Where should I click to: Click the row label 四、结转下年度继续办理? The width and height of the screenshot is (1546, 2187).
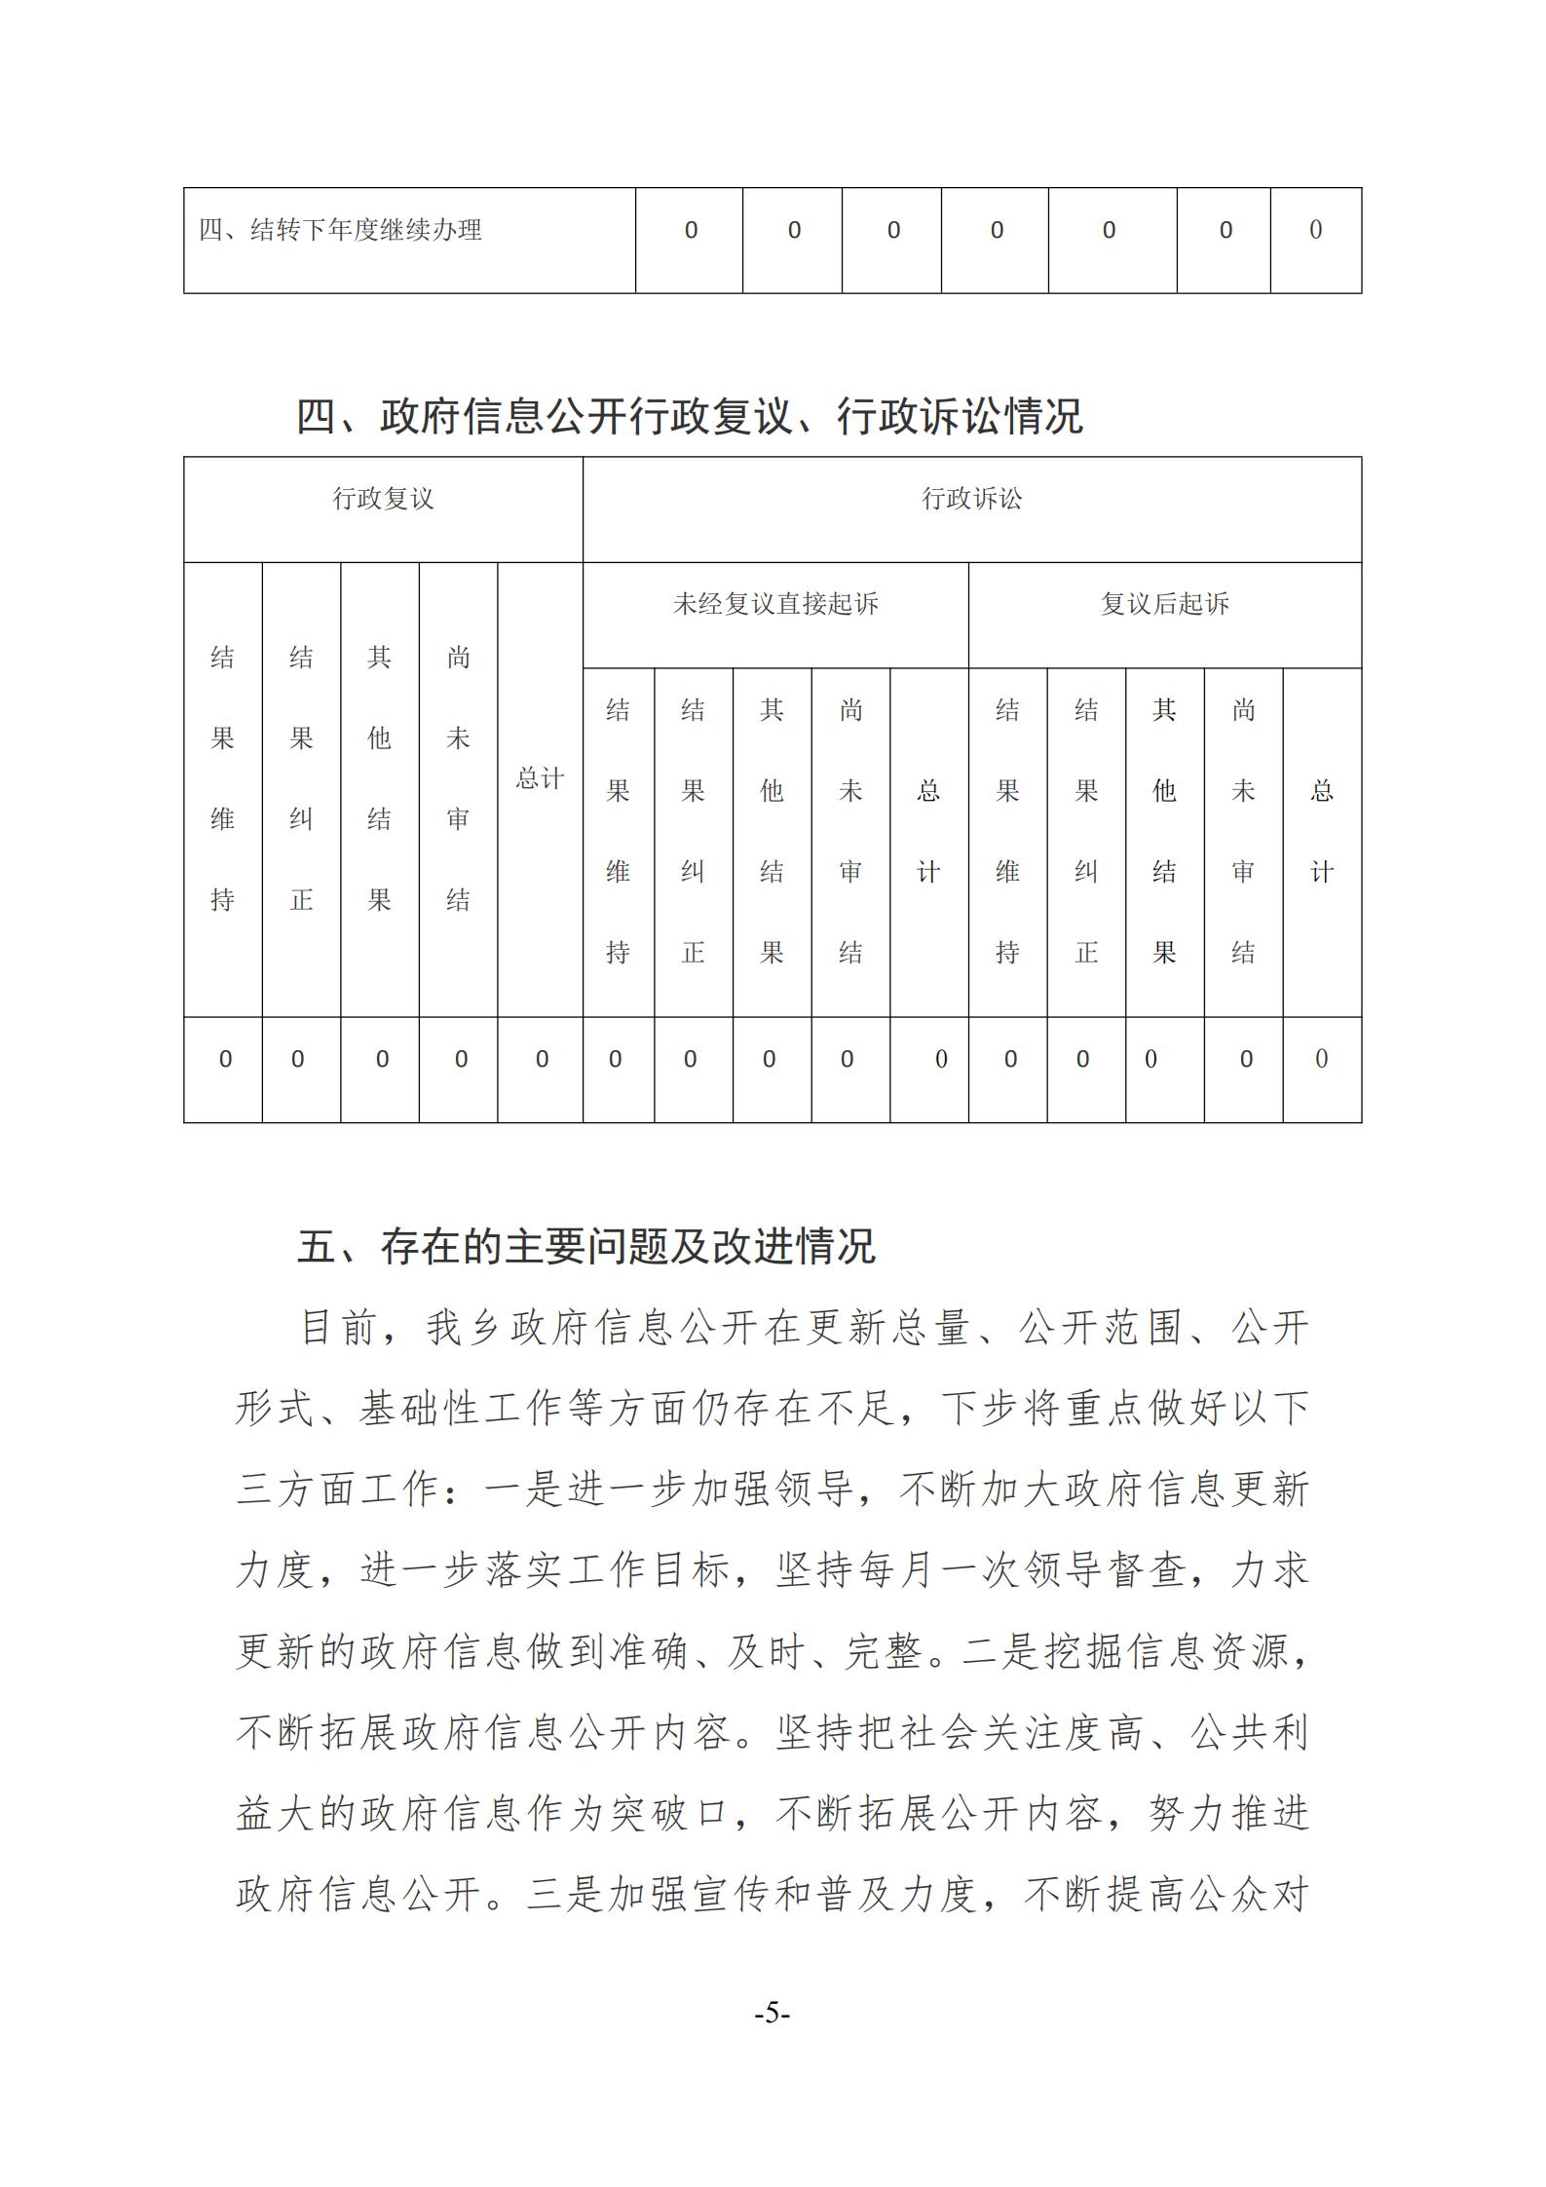[x=340, y=231]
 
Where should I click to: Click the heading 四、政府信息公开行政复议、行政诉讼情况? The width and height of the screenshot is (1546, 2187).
[x=689, y=417]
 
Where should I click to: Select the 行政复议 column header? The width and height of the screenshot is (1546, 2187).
[x=383, y=500]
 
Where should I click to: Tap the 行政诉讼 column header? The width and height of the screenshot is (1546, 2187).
[x=971, y=500]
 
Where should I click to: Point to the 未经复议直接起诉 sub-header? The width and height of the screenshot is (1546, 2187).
[x=775, y=605]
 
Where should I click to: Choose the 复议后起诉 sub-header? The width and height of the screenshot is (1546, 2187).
[x=1164, y=605]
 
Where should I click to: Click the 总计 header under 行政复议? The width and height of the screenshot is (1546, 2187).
[x=540, y=779]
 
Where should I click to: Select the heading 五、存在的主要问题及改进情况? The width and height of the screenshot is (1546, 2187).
[x=586, y=1247]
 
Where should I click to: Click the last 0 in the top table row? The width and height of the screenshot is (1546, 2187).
[x=1315, y=231]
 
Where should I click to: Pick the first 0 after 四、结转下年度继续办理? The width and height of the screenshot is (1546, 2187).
[x=691, y=231]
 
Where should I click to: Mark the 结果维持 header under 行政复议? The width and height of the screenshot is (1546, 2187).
[x=223, y=779]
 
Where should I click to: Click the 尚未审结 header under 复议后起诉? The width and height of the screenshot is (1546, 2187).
[x=1243, y=831]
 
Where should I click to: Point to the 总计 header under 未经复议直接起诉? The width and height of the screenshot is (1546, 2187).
[x=928, y=831]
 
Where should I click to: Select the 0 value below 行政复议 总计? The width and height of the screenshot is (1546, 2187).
[x=542, y=1060]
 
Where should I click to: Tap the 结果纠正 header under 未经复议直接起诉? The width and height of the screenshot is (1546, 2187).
[x=693, y=831]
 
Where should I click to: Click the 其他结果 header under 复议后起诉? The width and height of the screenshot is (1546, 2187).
[x=1164, y=831]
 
